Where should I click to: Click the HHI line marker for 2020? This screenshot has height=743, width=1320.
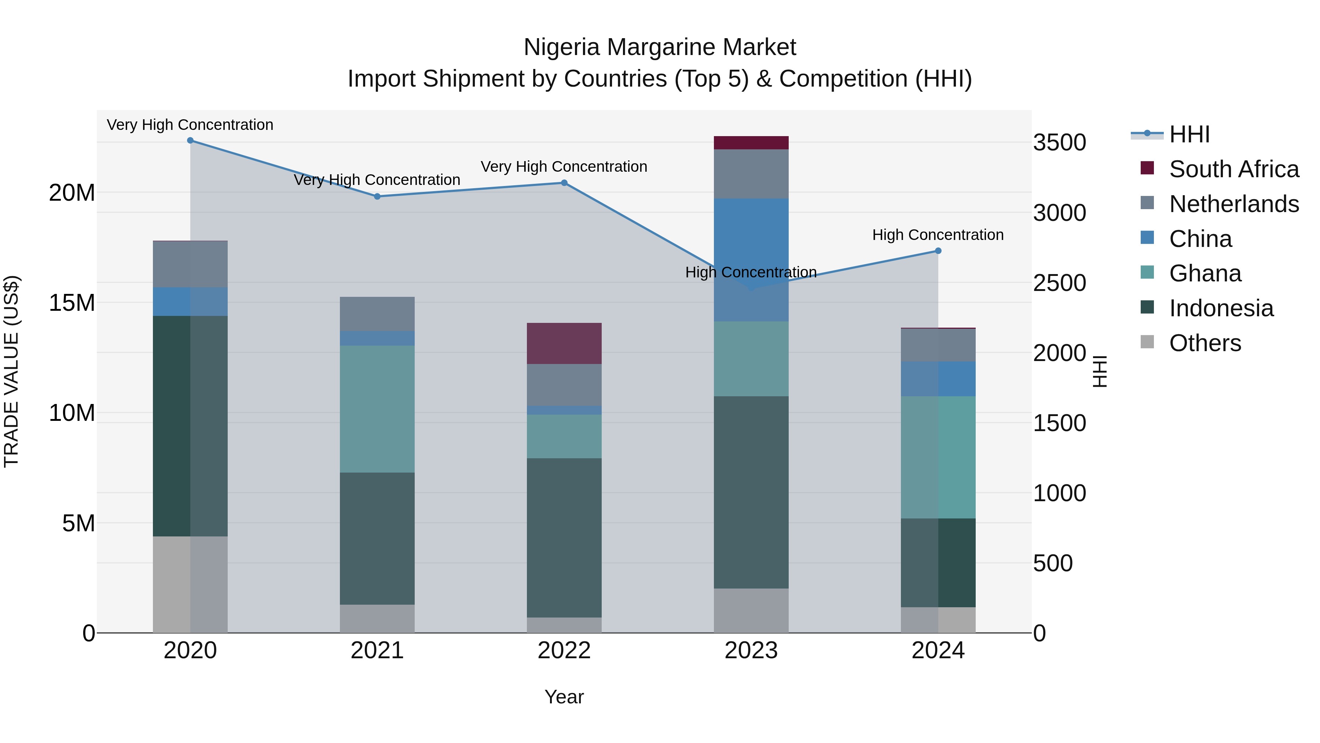[190, 141]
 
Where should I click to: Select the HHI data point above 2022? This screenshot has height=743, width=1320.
[564, 183]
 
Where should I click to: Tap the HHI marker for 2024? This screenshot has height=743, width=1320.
[938, 251]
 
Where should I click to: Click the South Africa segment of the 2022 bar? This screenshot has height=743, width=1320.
[564, 343]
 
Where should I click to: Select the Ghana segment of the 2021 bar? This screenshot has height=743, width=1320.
[377, 409]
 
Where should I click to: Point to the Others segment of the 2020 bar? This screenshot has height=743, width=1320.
[190, 584]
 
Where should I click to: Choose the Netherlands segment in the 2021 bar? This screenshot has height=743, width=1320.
[377, 314]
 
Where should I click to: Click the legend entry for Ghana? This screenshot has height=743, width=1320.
[1205, 273]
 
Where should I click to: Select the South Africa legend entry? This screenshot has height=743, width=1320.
[1233, 169]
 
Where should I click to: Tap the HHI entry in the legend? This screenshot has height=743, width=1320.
[1189, 134]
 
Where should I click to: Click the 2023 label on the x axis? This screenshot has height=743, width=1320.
[751, 651]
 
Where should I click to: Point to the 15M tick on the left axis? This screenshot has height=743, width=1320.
[72, 303]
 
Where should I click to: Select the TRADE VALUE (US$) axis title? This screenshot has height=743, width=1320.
[11, 371]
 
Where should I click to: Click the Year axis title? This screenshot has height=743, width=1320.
[564, 697]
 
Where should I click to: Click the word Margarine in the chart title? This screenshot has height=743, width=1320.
[660, 47]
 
